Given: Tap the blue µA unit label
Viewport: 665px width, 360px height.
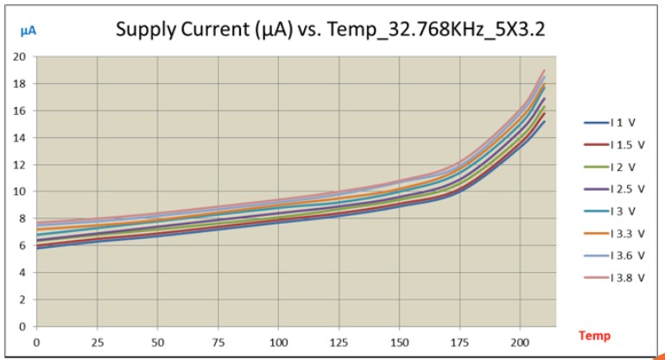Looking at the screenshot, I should (28, 31).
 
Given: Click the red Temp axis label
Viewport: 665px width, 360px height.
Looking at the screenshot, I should (593, 336).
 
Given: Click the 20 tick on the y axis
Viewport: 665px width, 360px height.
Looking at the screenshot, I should (19, 57).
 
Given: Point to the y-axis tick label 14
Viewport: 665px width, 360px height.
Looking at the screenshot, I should (19, 138).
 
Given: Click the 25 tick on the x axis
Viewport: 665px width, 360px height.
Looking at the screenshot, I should (97, 343).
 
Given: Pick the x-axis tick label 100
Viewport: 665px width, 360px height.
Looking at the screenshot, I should (278, 343).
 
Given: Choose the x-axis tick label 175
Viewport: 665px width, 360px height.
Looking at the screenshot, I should (459, 343).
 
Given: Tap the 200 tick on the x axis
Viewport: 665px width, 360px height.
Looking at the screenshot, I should (520, 343).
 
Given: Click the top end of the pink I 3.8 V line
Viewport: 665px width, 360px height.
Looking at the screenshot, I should (544, 71).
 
